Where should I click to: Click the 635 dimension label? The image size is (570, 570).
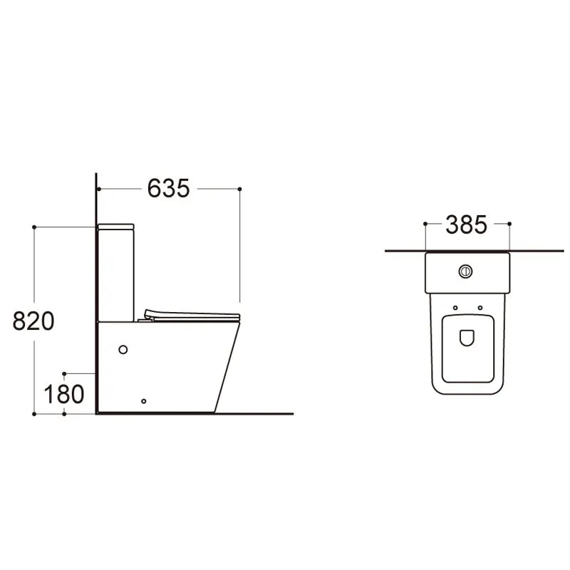168,188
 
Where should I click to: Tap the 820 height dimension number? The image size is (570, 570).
33,321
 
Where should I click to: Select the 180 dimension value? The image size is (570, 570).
63,395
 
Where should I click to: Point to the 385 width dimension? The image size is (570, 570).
466,224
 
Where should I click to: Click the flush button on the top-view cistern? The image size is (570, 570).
465,271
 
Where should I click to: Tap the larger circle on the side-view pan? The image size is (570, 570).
123,350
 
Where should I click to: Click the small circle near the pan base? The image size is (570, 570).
144,401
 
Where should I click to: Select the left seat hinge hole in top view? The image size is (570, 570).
455,308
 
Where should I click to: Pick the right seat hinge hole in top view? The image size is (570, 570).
480,308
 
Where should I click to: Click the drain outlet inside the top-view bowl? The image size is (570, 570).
467,338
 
